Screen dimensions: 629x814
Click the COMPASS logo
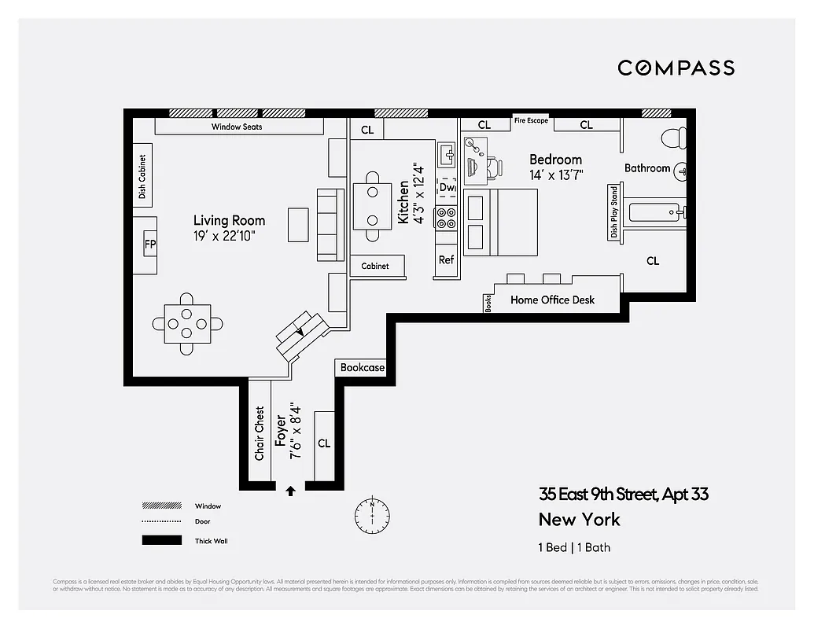click(x=676, y=68)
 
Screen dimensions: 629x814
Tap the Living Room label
click(x=230, y=220)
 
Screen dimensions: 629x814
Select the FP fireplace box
click(x=149, y=245)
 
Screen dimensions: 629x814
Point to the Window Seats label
click(x=237, y=127)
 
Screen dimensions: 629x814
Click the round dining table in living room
click(x=187, y=323)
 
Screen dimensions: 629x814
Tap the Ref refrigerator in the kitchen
click(x=446, y=259)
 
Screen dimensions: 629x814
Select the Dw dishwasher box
click(x=447, y=188)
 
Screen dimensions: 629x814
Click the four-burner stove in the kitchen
click(x=447, y=218)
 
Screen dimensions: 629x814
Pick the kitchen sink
click(x=446, y=154)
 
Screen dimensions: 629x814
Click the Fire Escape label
click(x=531, y=120)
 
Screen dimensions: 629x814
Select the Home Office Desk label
click(x=552, y=300)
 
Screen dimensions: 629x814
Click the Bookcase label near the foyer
click(x=363, y=367)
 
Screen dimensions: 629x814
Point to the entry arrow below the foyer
click(x=290, y=491)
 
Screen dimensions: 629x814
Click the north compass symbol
click(x=372, y=513)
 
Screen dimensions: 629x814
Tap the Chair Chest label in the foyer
click(x=260, y=433)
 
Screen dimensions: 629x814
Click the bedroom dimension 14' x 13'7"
click(x=556, y=175)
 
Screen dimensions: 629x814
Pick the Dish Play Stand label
click(x=613, y=212)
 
